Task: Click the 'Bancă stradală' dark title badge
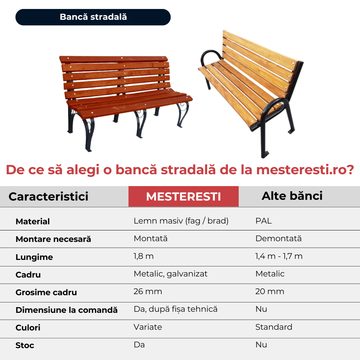coord(93,17)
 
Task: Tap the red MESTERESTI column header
coord(184,196)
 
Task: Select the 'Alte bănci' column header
coord(292,196)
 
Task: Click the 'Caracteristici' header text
coord(49,197)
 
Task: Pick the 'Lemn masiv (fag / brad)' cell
coord(181,221)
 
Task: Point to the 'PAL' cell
coord(264,221)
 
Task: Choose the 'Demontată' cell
coord(279,238)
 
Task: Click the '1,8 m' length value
coord(144,256)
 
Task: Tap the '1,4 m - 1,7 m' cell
coord(279,256)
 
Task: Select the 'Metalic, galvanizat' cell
coord(171,274)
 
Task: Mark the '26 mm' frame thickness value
coord(148,291)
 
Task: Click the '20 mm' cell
coord(270,291)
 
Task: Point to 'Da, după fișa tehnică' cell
coord(176,309)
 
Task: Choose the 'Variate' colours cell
coord(148,327)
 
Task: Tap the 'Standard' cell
coord(274,327)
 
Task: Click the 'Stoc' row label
coord(25,345)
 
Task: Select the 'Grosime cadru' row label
coord(46,292)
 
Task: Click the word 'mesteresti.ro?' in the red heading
coord(305,170)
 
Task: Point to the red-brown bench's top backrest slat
coord(114,59)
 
